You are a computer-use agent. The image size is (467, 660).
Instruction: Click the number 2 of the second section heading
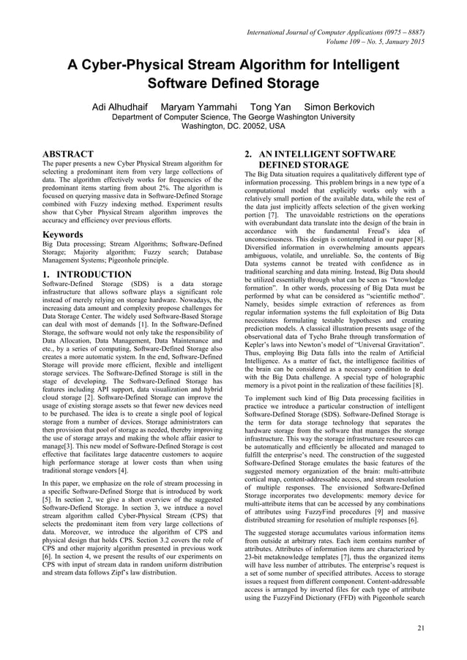247,154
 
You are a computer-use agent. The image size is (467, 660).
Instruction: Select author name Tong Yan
271,107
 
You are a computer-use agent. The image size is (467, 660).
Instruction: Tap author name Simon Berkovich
340,107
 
